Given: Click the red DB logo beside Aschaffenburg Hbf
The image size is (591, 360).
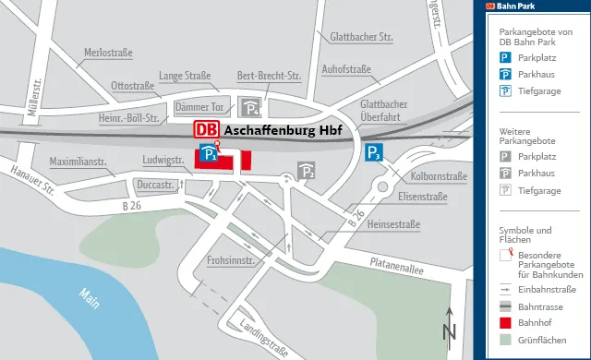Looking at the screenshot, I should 206,130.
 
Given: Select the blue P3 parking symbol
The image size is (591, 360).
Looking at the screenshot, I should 373,153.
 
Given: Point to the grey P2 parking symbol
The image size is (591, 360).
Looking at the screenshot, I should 307,171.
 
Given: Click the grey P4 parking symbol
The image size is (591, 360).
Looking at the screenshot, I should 249,107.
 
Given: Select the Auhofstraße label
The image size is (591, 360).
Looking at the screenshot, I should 345,68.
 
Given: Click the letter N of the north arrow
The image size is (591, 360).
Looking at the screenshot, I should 450,331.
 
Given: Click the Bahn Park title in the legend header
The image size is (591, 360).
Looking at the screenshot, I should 517,6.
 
